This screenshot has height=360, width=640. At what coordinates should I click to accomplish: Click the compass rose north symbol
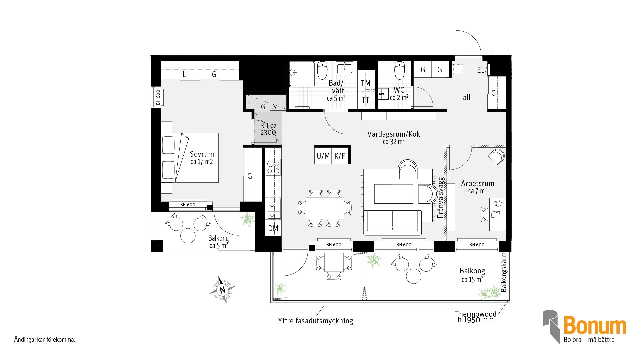(x=222, y=290)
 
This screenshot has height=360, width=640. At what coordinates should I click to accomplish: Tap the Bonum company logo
(x=584, y=326)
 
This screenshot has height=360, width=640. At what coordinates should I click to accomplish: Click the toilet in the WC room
(x=399, y=70)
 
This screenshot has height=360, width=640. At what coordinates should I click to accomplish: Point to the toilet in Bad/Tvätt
(x=322, y=70)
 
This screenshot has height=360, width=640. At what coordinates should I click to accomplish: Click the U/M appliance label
(x=323, y=156)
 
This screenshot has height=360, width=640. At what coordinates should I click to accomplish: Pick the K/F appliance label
(x=340, y=156)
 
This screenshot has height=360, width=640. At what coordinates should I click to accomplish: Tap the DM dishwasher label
(x=273, y=228)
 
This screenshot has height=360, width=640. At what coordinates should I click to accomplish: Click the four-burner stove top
(x=273, y=167)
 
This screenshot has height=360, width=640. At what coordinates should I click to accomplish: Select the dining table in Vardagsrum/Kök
(x=325, y=208)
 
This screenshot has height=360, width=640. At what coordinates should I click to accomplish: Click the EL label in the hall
(x=480, y=70)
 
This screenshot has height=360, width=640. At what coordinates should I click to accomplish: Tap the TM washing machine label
(x=366, y=83)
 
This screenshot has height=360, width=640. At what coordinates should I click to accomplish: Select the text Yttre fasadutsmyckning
(x=315, y=321)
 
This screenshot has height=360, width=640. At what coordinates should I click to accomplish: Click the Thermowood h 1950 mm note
(x=476, y=317)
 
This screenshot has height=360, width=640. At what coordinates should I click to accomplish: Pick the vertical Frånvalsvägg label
(x=441, y=197)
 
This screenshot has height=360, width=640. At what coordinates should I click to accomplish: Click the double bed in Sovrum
(x=190, y=158)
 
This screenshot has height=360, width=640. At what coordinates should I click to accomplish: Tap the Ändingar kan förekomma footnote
(x=45, y=340)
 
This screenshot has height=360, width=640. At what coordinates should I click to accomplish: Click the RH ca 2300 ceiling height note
(x=268, y=129)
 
